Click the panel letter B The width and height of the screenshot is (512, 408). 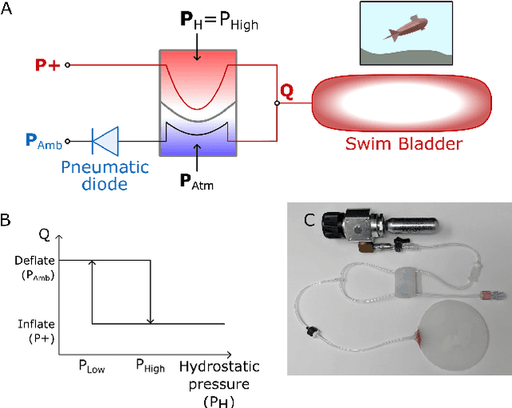click(7, 218)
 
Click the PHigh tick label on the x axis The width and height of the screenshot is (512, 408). click(149, 367)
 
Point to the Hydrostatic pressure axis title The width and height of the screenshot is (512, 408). click(214, 382)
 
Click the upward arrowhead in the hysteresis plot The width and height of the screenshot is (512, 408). click(93, 263)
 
